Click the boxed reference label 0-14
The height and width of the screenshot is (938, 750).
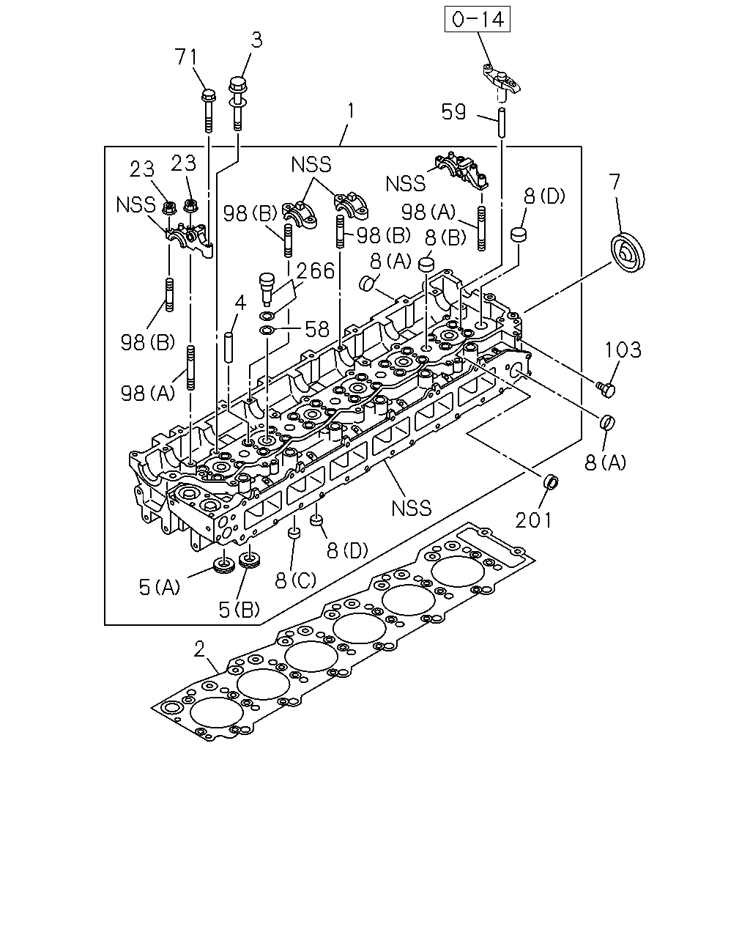click(478, 19)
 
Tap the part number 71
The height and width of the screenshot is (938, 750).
click(185, 56)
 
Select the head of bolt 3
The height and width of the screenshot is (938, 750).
click(237, 84)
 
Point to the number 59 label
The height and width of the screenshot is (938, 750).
click(453, 111)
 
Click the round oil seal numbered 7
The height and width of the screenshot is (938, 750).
click(628, 253)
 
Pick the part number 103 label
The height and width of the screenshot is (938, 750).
click(623, 350)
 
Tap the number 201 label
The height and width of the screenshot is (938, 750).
click(533, 520)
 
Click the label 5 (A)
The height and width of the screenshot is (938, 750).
click(160, 587)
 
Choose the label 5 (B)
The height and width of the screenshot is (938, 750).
click(239, 610)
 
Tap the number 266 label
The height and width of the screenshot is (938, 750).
click(316, 270)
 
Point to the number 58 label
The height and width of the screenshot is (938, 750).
click(317, 330)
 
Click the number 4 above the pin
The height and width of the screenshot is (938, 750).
click(240, 303)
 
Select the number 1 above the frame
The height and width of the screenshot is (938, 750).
click(350, 111)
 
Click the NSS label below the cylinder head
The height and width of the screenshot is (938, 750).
click(412, 509)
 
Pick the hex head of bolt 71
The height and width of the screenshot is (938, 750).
click(208, 95)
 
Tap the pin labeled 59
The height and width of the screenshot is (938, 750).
click(502, 122)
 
